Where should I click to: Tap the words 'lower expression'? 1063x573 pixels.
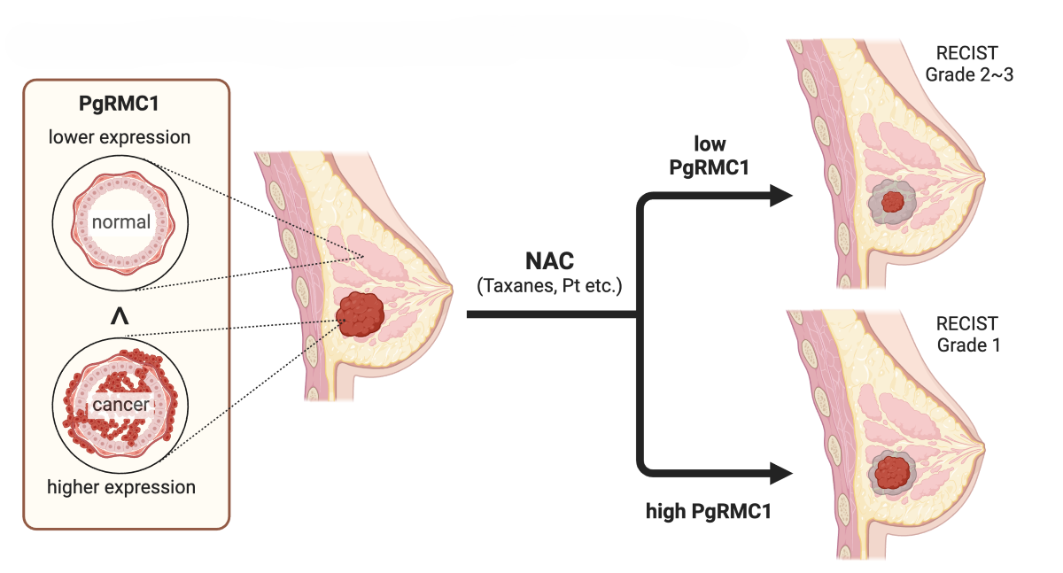(120, 137)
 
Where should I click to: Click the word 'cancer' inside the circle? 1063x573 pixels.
(120, 406)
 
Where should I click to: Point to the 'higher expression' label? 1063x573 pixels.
(122, 487)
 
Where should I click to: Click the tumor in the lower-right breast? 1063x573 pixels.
(893, 472)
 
